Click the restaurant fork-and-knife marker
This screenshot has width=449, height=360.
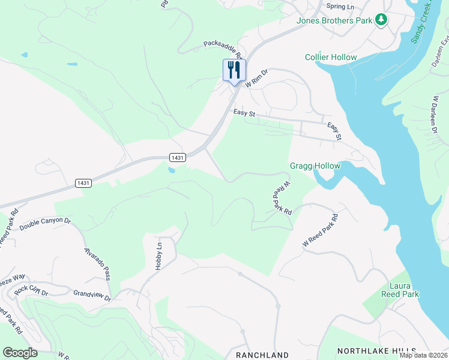[234, 70]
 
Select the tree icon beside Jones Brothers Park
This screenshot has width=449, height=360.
[381, 20]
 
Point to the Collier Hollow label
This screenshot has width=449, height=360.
[331, 58]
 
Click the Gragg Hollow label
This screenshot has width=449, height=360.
[315, 166]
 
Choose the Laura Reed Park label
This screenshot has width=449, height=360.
[400, 290]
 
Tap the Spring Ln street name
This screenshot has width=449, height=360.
[340, 7]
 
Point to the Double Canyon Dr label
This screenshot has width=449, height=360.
[45, 224]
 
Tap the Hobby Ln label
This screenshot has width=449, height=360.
[159, 256]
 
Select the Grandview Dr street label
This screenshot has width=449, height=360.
[92, 295]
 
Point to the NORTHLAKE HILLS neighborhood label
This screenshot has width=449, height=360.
[376, 350]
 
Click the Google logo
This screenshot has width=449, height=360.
[20, 353]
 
